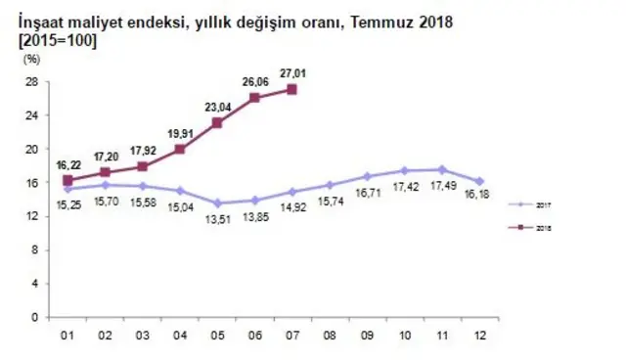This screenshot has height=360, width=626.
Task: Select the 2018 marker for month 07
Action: [292, 90]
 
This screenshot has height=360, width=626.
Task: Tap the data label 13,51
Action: [216, 220]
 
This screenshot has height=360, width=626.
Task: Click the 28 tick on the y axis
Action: [31, 81]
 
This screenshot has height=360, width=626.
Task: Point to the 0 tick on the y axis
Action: [34, 317]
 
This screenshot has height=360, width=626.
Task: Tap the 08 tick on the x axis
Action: [330, 337]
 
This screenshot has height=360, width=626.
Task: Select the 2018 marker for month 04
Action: [180, 150]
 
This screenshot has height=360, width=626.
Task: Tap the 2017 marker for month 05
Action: [217, 203]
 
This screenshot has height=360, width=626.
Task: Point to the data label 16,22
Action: [67, 163]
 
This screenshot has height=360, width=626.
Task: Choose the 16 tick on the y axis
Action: [31, 182]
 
